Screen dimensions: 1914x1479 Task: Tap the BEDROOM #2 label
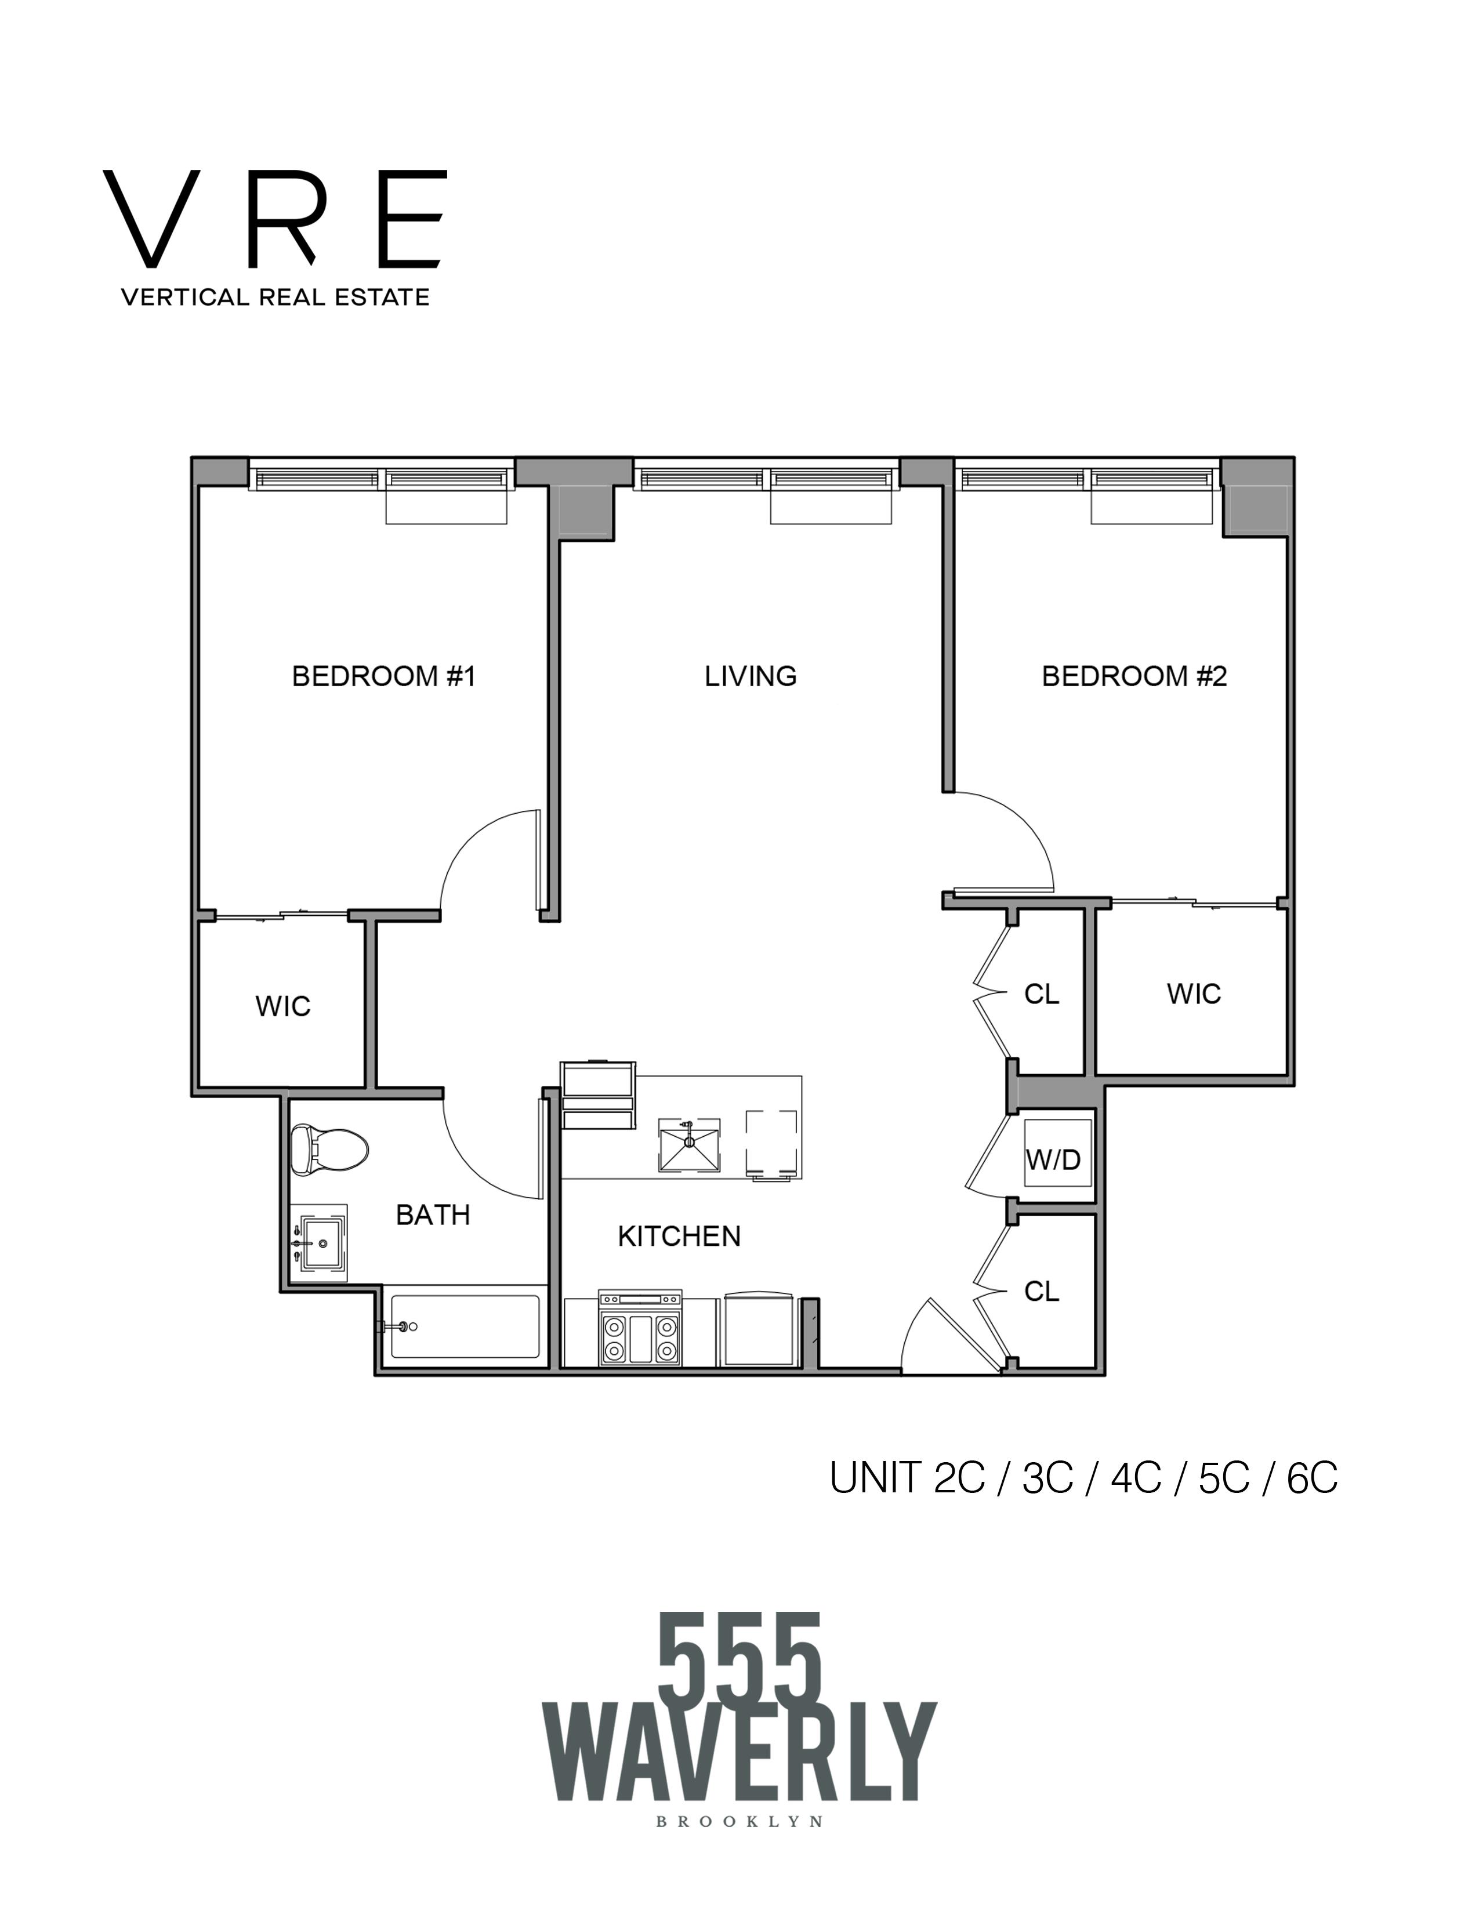tap(1134, 676)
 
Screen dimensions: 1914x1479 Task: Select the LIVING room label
tap(751, 676)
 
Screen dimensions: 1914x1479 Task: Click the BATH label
tap(433, 1215)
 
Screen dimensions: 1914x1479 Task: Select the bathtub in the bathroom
tap(465, 1327)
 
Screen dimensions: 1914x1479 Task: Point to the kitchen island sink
tap(690, 1144)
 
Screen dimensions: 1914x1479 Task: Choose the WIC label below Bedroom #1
tap(283, 1006)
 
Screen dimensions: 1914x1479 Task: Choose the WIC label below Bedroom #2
tap(1194, 994)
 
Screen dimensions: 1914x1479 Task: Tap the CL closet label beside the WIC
tap(1042, 994)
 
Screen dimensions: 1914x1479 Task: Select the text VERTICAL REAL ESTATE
tap(275, 297)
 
